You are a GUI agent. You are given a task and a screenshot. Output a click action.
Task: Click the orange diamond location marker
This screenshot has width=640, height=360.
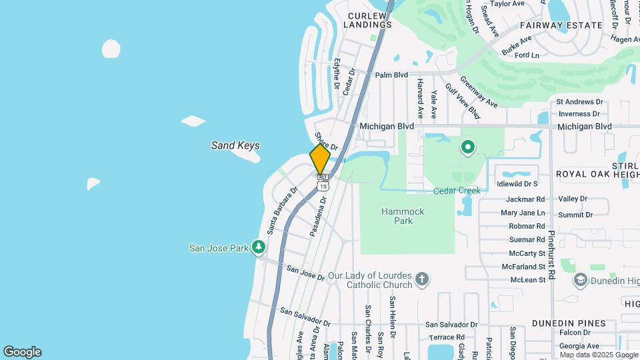click(320, 159)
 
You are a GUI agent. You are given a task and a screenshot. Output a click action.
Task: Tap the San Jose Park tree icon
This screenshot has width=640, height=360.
click(259, 248)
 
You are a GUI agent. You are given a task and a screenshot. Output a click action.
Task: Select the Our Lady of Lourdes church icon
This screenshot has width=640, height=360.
click(421, 279)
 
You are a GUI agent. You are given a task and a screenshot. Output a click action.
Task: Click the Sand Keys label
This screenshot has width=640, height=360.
click(235, 145)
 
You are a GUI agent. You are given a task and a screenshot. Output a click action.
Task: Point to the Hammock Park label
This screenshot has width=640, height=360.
click(403, 216)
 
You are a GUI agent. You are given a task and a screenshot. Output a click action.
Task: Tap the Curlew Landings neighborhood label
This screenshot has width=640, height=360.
click(367, 20)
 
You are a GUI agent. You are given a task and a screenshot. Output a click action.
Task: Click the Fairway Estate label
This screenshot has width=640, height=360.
click(570, 25)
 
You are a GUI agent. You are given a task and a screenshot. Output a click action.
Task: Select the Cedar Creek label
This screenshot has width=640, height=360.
click(457, 191)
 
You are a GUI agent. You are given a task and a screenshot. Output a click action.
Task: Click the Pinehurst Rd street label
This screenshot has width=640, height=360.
click(552, 255)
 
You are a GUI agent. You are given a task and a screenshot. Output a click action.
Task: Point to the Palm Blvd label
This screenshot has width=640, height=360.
click(391, 75)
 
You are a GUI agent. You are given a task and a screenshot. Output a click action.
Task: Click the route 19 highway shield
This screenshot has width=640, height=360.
click(323, 186)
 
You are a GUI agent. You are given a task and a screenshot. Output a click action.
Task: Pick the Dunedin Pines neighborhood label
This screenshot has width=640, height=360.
click(569, 323)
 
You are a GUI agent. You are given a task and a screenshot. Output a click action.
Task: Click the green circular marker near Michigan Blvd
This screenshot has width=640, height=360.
click(468, 147)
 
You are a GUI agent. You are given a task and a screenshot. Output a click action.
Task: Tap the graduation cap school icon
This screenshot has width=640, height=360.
click(580, 280)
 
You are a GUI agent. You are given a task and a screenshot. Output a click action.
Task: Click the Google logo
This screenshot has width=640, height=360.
click(22, 351)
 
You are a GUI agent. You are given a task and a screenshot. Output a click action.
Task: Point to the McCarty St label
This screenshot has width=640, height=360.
click(527, 253)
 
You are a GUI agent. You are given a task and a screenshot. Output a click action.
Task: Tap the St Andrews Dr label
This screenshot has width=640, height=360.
click(579, 102)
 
